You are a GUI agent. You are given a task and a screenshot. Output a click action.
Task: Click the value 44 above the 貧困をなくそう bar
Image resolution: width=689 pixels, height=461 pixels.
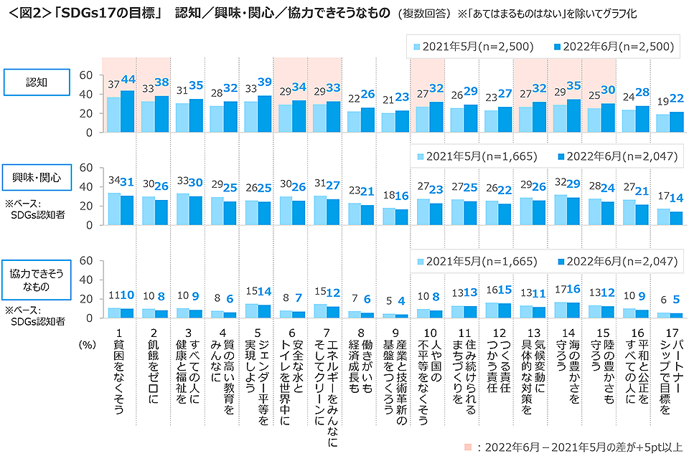coord(129,79)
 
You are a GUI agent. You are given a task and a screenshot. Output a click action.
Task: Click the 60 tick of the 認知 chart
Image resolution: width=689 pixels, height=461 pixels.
coord(85,75)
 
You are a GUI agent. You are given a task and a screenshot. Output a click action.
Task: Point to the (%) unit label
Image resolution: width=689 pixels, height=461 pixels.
coord(86,344)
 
